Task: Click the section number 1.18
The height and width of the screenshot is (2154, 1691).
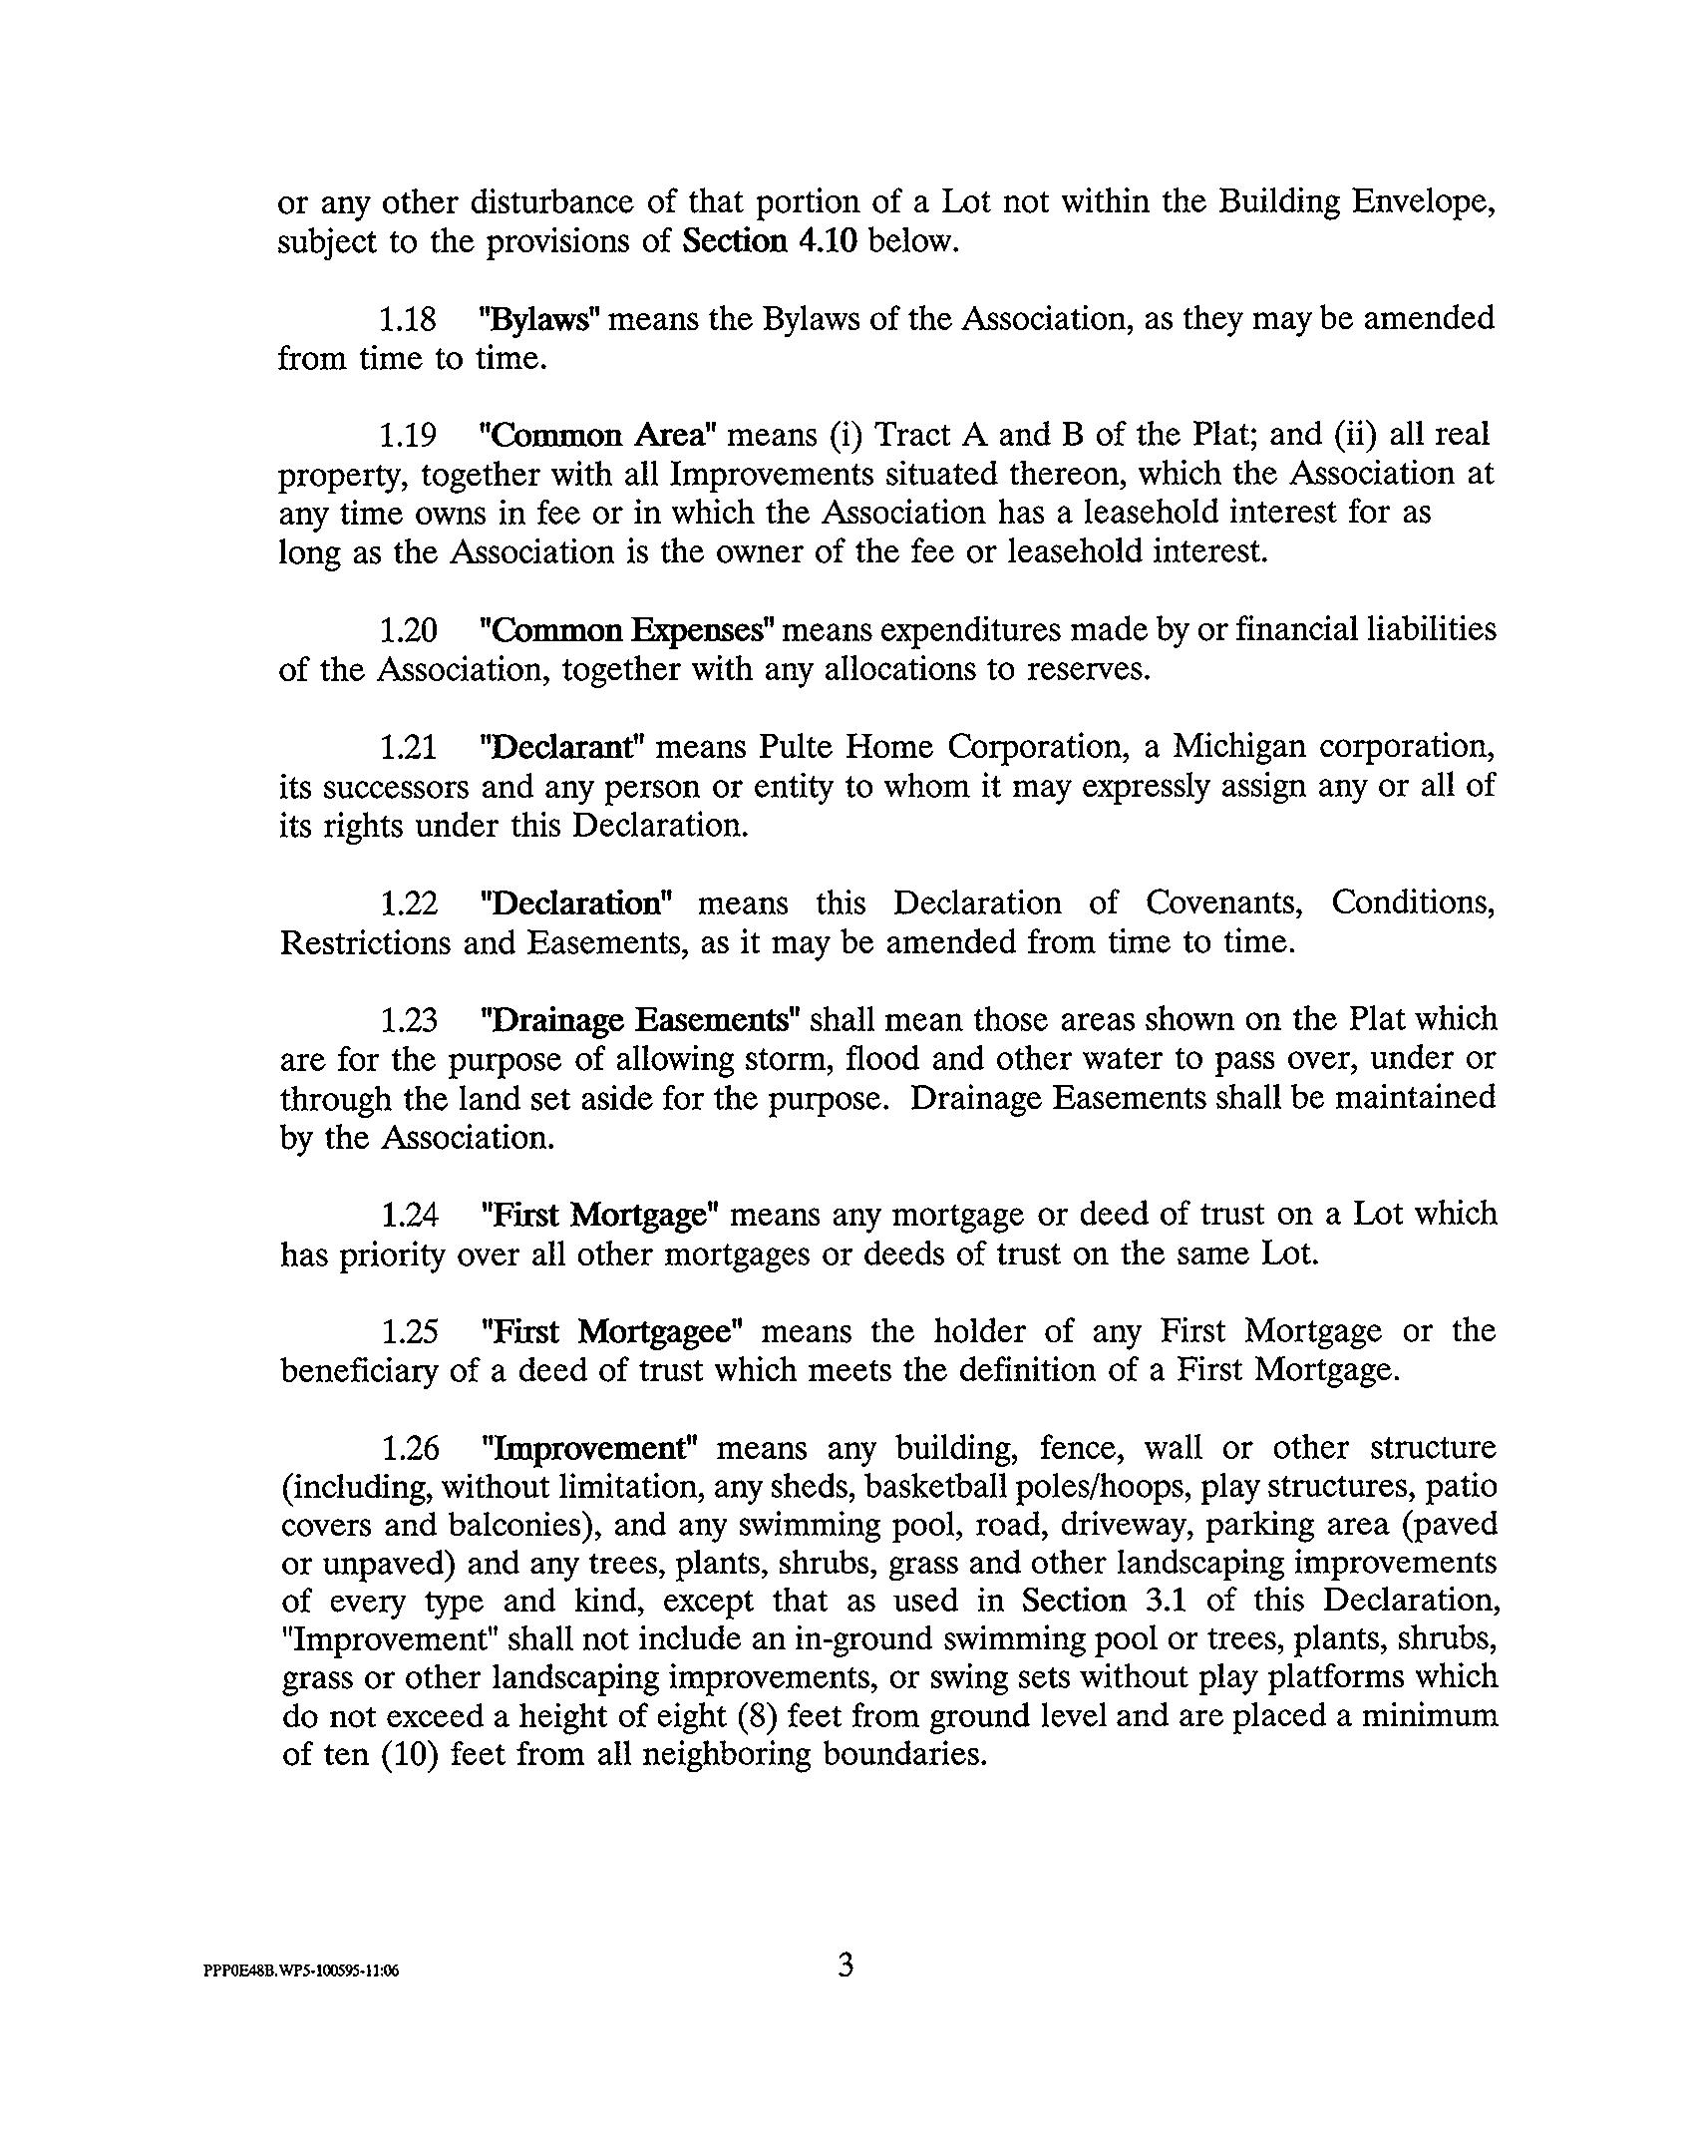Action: [408, 320]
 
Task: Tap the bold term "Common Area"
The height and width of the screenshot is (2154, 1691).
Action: [598, 436]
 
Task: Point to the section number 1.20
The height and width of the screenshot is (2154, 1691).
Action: [408, 631]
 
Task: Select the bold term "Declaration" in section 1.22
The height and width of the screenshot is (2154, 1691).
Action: [576, 903]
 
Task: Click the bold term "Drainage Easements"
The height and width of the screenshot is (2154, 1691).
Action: [640, 1020]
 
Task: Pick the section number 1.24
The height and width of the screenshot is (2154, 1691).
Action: [408, 1215]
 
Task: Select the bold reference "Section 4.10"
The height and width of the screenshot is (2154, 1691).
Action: [770, 242]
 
